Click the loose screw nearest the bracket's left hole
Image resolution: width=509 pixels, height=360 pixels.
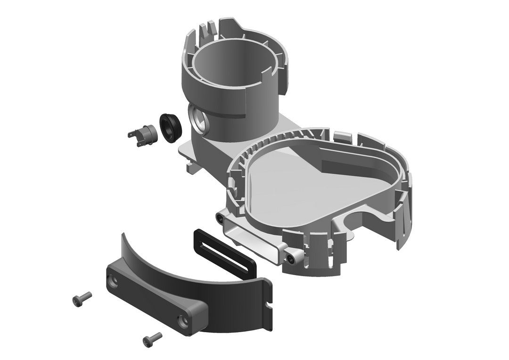pos(82,297)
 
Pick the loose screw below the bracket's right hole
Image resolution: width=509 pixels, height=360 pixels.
pos(152,337)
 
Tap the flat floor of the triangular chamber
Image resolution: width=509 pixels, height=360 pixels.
pos(287,188)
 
